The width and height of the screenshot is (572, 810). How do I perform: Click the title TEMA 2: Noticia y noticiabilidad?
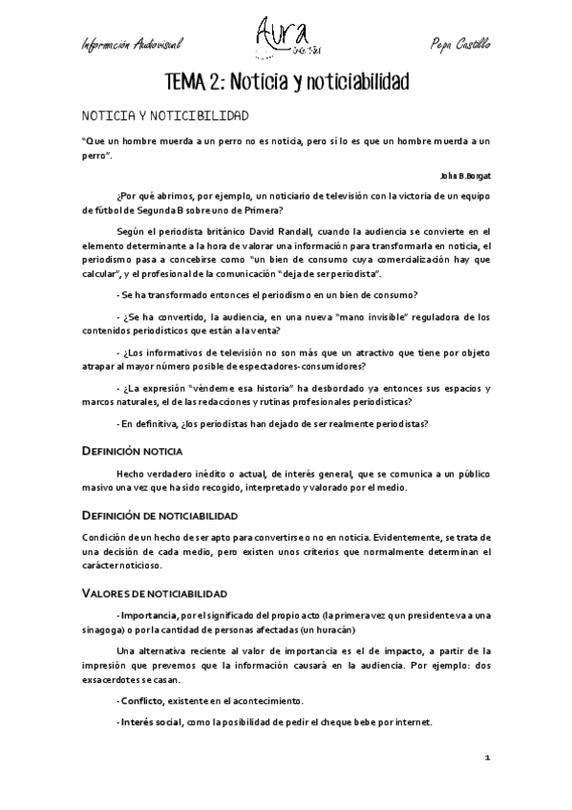[x=286, y=83]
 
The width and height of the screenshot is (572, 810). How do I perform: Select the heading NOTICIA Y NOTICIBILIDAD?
[x=165, y=116]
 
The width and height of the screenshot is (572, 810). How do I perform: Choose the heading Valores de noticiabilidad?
[x=154, y=593]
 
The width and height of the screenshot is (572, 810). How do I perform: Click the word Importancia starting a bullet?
[x=150, y=614]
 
